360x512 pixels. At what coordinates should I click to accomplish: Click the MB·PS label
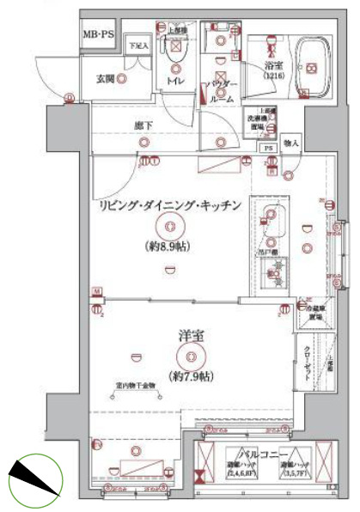click(97, 34)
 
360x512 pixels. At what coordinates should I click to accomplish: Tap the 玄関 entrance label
click(105, 79)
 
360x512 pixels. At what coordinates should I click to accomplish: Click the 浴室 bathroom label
click(275, 64)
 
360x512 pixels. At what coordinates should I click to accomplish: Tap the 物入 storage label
click(290, 143)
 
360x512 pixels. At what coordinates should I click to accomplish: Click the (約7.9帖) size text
click(191, 375)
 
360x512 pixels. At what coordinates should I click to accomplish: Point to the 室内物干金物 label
click(135, 385)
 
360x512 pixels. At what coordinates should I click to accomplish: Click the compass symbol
click(34, 478)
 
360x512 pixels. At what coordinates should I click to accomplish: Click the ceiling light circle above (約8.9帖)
click(169, 227)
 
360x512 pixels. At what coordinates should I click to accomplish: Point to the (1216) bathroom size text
click(274, 76)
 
